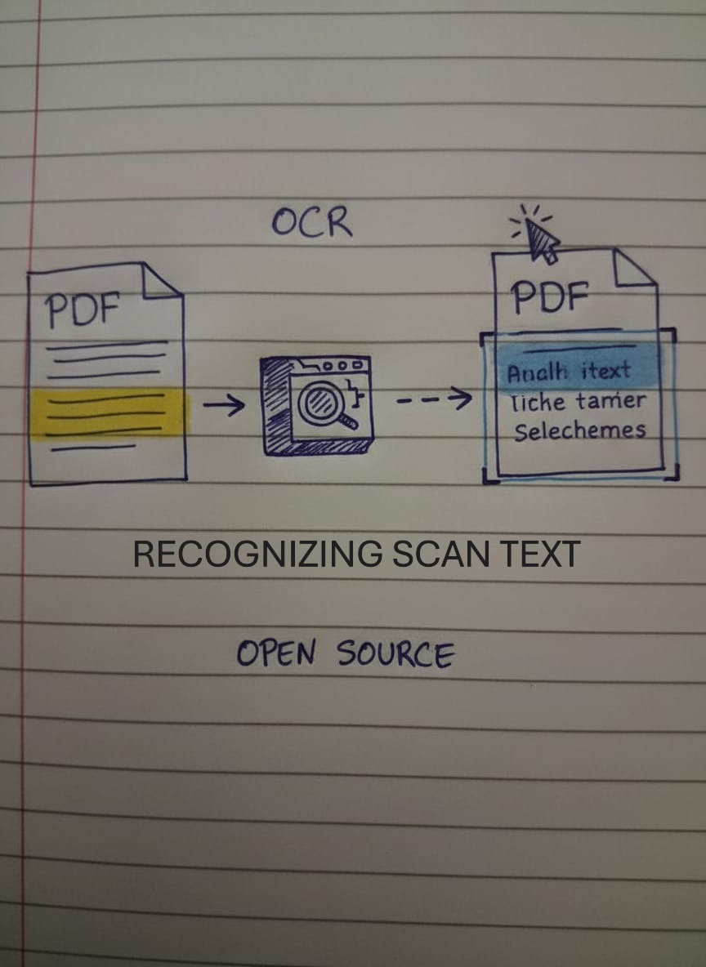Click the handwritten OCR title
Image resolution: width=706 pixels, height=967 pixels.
(x=312, y=221)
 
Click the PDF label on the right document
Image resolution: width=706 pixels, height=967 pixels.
(x=550, y=297)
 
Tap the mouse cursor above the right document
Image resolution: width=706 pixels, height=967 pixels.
(x=540, y=239)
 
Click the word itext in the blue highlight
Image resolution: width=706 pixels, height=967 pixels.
(x=605, y=372)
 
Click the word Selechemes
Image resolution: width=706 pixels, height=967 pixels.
(x=579, y=430)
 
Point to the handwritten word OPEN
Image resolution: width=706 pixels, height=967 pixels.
(x=275, y=653)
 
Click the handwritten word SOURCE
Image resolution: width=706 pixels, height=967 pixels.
(x=395, y=654)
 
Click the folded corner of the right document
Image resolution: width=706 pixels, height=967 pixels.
(x=634, y=270)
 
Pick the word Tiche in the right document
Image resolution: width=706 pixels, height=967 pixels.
(x=537, y=402)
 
